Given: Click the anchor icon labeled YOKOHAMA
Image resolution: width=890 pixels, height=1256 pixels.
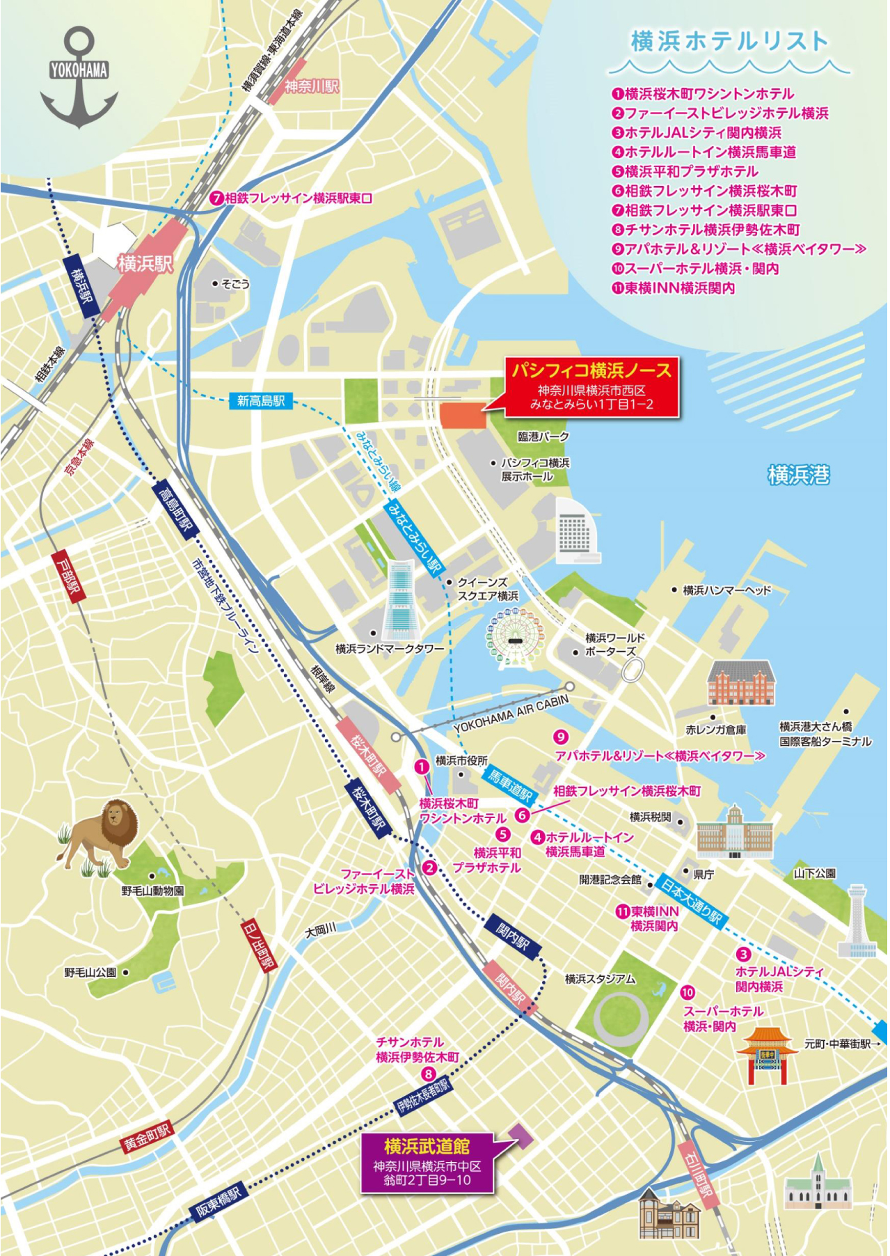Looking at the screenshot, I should [79, 78].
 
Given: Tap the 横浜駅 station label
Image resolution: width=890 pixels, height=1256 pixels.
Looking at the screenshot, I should [145, 263].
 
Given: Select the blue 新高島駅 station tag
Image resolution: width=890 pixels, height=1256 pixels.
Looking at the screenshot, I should [261, 400].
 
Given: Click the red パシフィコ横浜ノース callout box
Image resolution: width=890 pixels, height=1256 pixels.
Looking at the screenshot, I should [591, 386].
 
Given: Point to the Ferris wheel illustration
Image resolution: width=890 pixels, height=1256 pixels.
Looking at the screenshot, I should [514, 638].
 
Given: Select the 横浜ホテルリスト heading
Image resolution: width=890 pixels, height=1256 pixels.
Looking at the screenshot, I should [729, 42].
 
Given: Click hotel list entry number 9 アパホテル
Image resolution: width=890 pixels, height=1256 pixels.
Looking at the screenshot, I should [739, 249].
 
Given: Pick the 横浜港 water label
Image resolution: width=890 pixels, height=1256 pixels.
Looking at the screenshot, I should [798, 475].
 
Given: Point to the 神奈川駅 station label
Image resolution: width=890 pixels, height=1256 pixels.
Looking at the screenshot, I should [311, 86].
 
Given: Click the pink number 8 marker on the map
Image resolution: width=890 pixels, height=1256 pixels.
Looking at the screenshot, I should [429, 1074].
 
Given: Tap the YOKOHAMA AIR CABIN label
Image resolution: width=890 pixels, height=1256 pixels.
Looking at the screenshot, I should [511, 714].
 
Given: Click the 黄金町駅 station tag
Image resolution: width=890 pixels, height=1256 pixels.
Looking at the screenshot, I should [147, 1137].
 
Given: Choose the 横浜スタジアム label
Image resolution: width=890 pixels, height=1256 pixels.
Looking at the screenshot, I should [599, 979].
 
